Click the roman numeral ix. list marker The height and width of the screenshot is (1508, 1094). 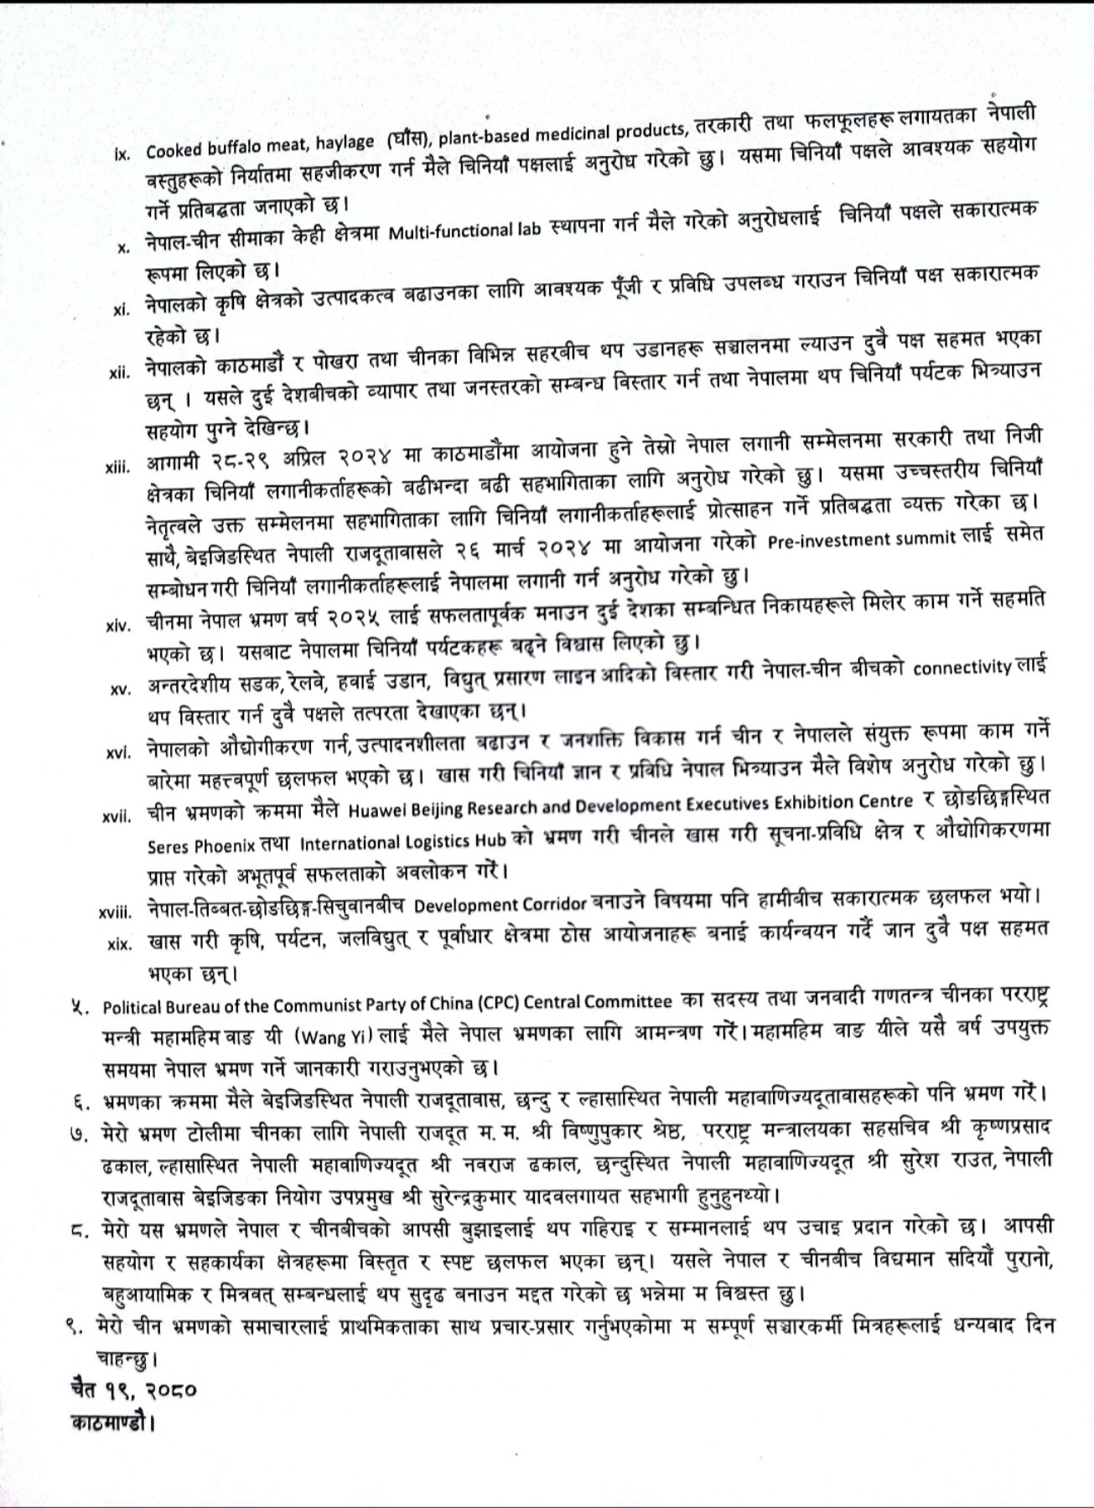(122, 154)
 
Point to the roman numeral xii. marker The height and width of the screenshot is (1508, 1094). (120, 372)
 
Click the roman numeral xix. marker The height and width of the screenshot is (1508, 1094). (120, 943)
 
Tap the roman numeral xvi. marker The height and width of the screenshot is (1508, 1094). (117, 752)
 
